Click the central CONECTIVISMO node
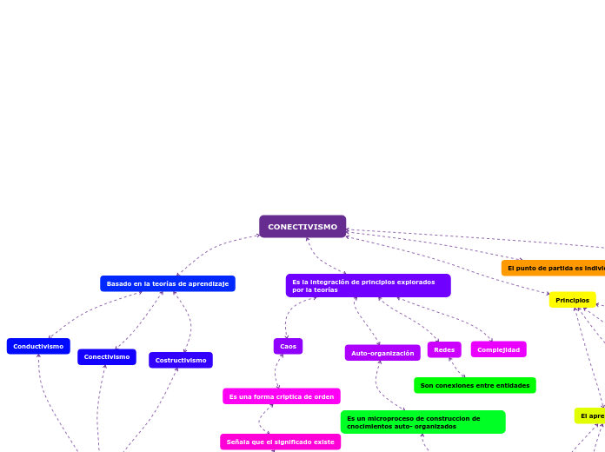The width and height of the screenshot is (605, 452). [302, 227]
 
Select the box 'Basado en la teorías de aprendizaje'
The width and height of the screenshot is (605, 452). [168, 283]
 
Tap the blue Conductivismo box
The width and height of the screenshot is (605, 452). [38, 346]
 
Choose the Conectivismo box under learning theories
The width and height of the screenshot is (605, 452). [107, 357]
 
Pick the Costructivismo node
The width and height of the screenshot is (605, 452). [181, 360]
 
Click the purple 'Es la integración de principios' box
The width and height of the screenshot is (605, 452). [368, 285]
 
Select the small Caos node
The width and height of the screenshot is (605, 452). [288, 346]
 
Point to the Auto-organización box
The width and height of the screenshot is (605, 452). [382, 353]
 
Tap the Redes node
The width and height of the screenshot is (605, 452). [444, 349]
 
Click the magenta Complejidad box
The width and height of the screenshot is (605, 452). [498, 349]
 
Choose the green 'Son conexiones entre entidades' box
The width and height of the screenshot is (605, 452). [475, 385]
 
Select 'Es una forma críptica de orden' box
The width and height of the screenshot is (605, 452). [281, 396]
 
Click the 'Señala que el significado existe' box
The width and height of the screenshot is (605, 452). [280, 442]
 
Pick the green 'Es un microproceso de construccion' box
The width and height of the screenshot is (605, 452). [422, 422]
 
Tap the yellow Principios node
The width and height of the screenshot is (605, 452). [572, 300]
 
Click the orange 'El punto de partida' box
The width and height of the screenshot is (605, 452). [553, 268]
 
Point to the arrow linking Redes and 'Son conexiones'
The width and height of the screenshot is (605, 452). [457, 368]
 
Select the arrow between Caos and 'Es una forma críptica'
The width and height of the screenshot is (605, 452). [277, 371]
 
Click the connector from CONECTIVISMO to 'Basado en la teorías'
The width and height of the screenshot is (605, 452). [213, 249]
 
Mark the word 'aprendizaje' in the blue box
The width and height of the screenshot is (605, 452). [209, 283]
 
